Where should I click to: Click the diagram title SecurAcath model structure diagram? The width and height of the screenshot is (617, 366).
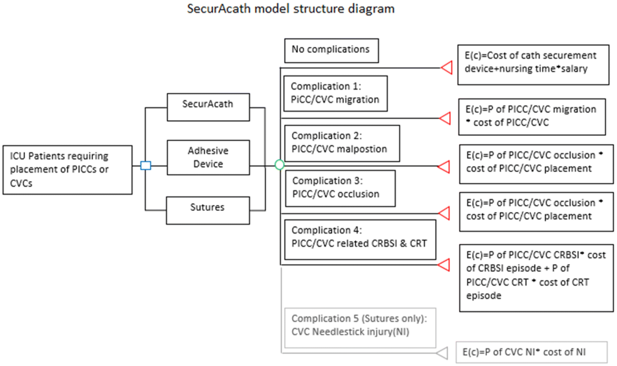[x=290, y=9]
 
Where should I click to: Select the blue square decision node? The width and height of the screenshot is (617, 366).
[x=146, y=165]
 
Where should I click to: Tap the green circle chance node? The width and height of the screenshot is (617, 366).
[x=279, y=165]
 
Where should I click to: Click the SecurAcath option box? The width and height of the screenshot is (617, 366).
[x=208, y=107]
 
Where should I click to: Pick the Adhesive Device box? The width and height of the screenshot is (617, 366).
[x=208, y=157]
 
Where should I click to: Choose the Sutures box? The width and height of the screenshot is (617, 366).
[x=208, y=210]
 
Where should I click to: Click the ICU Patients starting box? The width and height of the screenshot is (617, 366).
[x=67, y=170]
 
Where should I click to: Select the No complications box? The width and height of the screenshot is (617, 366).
[x=331, y=51]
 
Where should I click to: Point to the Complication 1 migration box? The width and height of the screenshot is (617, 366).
[x=335, y=93]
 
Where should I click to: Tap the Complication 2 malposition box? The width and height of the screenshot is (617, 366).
[x=342, y=143]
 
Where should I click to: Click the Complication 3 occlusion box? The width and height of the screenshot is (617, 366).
[x=340, y=188]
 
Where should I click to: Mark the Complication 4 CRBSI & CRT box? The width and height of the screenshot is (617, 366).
[x=360, y=239]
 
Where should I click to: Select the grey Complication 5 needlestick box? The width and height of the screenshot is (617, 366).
[x=360, y=327]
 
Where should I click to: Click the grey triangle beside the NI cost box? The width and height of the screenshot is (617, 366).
[x=443, y=353]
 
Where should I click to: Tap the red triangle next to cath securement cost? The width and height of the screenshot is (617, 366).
[x=447, y=67]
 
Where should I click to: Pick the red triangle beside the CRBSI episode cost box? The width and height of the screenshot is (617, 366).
[x=444, y=265]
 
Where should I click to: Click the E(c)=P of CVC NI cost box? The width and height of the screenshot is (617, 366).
[x=531, y=352]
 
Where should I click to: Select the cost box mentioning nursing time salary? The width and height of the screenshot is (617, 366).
[x=533, y=64]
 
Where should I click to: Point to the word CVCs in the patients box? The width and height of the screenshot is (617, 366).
[x=21, y=183]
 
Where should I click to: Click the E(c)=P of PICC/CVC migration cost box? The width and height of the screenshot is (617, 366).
[x=532, y=116]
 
